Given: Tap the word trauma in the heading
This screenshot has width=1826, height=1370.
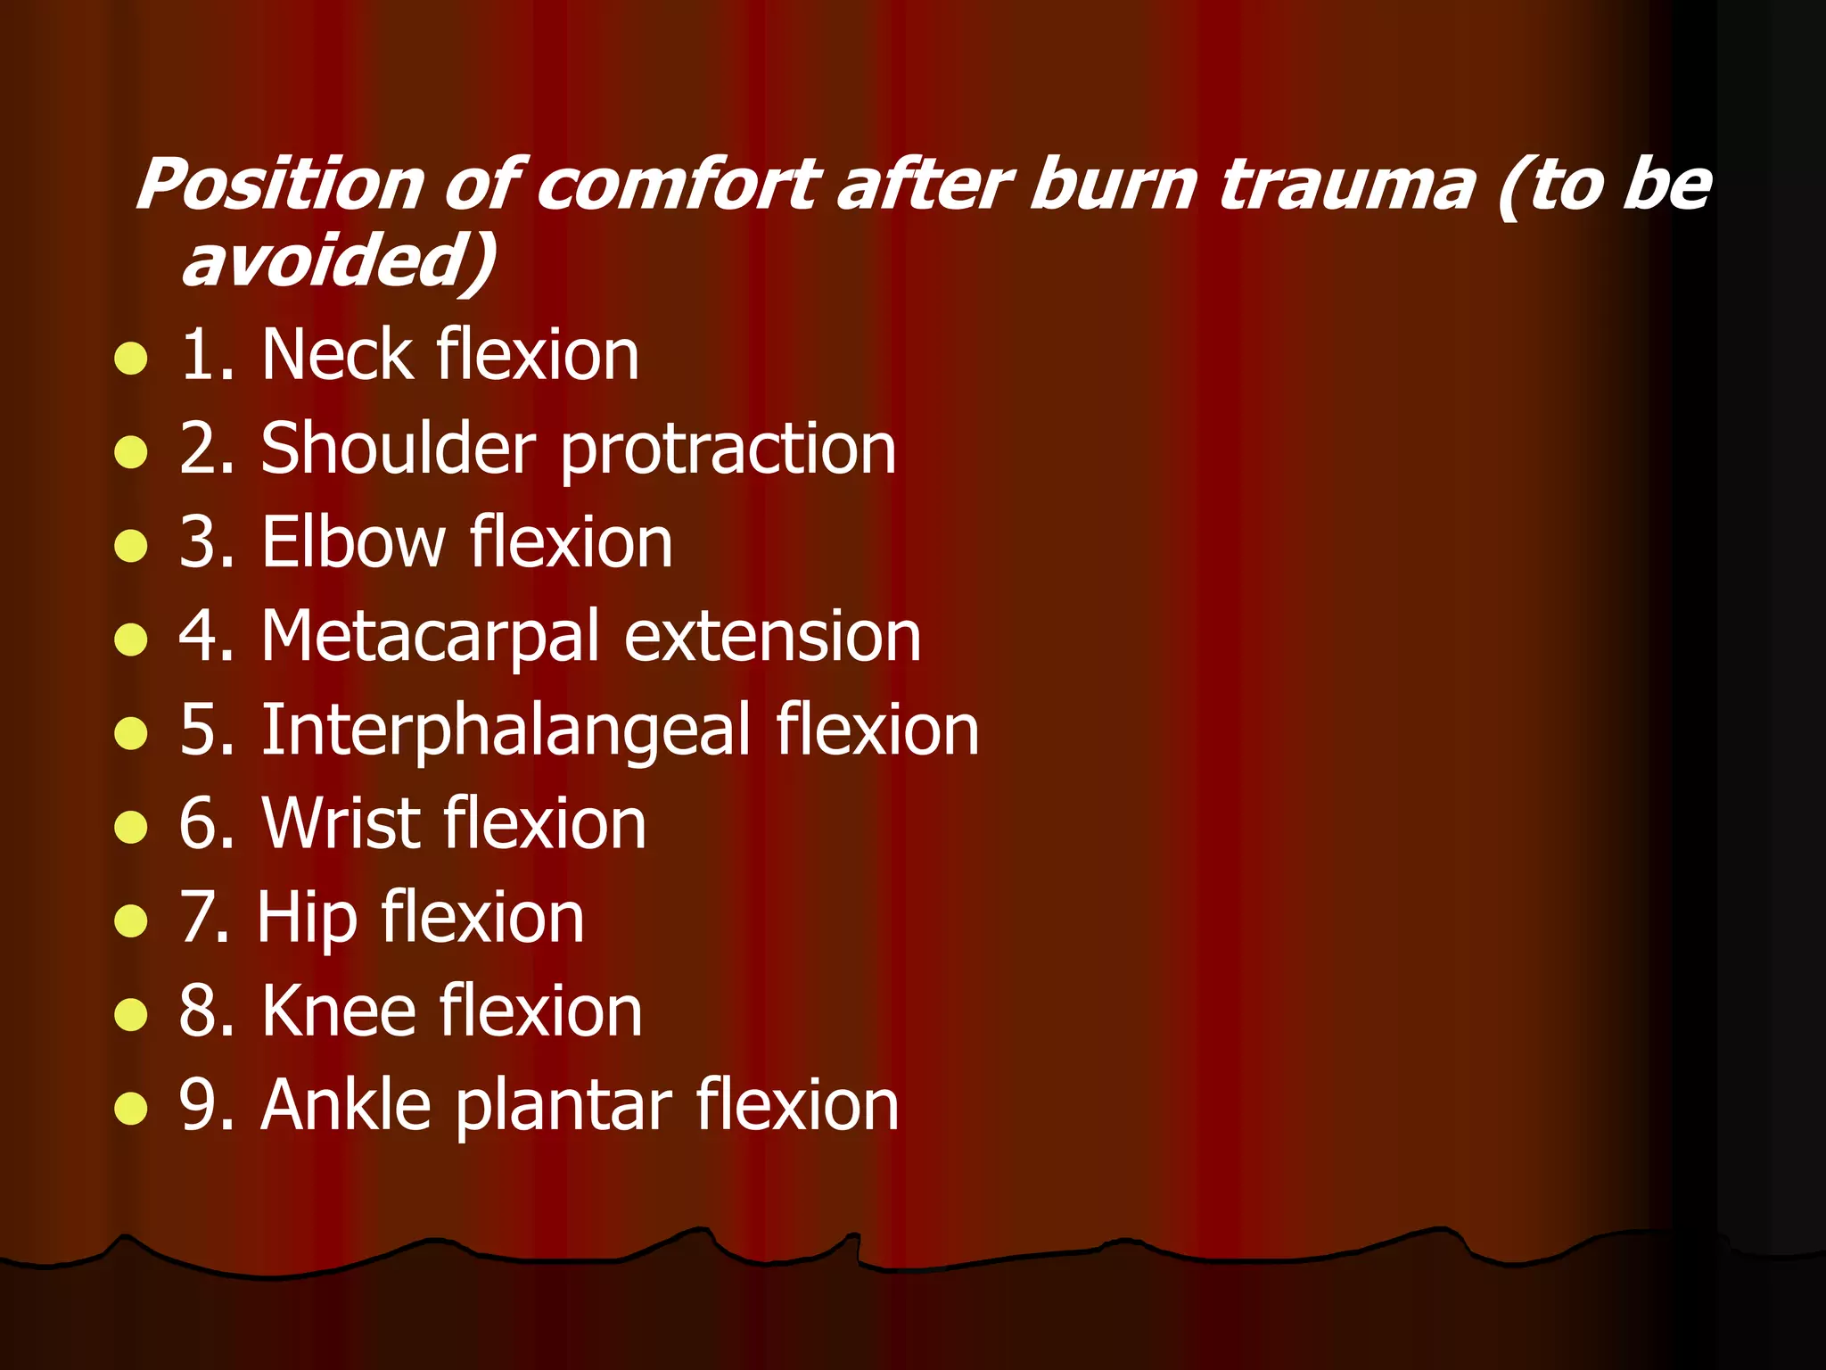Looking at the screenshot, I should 1346,186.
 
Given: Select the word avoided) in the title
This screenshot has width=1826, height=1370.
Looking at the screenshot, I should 339,260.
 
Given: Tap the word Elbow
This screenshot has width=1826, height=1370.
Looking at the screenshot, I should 353,542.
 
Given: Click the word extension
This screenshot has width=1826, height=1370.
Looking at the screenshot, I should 772,637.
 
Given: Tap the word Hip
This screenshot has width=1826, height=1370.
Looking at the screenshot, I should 307,919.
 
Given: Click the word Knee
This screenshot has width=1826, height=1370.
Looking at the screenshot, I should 339,1011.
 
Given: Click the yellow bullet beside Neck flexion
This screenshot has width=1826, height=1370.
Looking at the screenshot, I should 131,359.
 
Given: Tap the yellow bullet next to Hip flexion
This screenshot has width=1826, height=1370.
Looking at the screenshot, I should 131,920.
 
